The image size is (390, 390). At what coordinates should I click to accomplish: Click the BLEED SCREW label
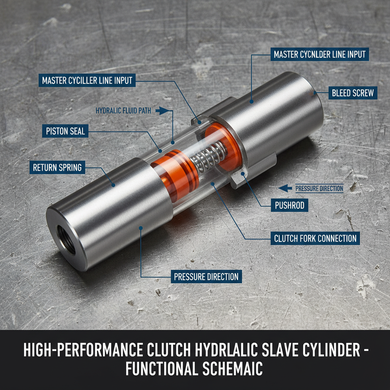pyautogui.click(x=352, y=93)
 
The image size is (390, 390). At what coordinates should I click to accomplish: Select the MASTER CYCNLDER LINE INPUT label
pyautogui.click(x=320, y=54)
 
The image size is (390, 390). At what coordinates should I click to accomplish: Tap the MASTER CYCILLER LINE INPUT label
pyautogui.click(x=87, y=81)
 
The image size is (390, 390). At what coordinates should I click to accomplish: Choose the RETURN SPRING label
pyautogui.click(x=57, y=167)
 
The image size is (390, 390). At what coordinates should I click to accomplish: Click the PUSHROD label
pyautogui.click(x=289, y=206)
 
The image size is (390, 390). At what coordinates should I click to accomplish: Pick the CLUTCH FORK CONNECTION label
pyautogui.click(x=315, y=239)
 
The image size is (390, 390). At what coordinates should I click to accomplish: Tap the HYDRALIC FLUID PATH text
pyautogui.click(x=123, y=111)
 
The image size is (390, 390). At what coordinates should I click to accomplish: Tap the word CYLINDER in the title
pyautogui.click(x=326, y=350)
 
